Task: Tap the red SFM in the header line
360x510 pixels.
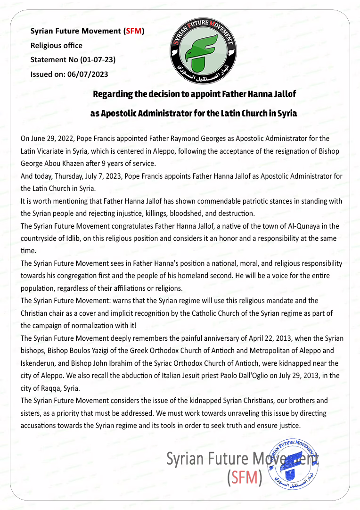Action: point(133,32)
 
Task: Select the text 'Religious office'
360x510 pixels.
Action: point(57,46)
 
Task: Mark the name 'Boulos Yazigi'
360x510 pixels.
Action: point(86,351)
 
